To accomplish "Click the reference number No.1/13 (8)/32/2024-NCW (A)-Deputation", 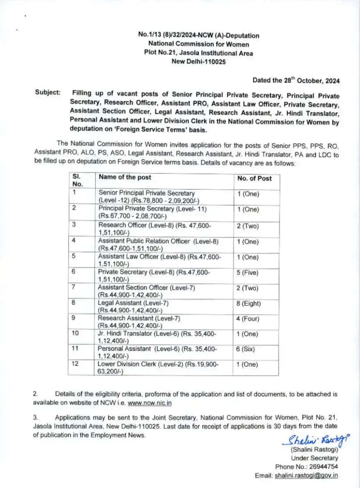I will (198, 35).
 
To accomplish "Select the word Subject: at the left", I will (48, 92).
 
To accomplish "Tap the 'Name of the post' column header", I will (125, 177).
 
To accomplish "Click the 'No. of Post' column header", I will (254, 178).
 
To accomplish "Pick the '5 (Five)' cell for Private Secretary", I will (248, 273).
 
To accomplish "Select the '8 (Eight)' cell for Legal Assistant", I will (248, 303).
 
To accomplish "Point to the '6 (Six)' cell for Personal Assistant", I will (245, 349).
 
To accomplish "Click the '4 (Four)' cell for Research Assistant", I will (248, 319).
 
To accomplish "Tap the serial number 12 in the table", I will (75, 363).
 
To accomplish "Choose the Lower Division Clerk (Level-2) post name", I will (158, 365).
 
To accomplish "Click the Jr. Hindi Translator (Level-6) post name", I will (157, 334).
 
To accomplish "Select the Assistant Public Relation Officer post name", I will (158, 241).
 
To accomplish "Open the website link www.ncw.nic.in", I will (150, 403).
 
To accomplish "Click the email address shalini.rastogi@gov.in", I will (306, 476).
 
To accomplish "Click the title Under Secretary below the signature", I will (314, 458).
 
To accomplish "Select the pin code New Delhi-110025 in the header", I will (198, 62).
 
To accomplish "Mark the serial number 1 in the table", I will (74, 192).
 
